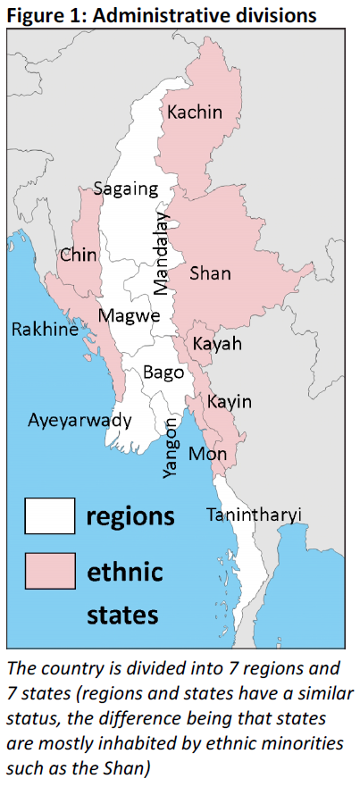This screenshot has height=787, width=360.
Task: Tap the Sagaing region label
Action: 126,189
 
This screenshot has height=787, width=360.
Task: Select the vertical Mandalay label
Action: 161,253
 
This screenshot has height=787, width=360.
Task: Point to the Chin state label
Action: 79,255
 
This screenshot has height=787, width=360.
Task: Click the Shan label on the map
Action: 210,274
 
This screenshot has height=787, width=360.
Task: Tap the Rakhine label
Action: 45,331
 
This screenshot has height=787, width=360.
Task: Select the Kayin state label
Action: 229,402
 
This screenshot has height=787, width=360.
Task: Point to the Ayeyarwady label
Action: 80,420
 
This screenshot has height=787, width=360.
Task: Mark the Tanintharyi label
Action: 254,515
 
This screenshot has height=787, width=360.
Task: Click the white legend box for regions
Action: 52,516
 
